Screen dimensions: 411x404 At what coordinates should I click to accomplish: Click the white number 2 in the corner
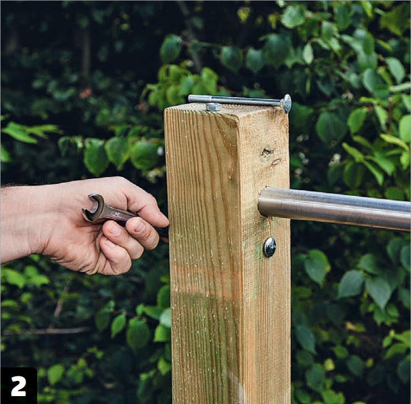[19, 386]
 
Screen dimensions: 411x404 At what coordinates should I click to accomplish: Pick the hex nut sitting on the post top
[213, 107]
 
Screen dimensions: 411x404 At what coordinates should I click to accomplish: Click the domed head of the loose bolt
[286, 104]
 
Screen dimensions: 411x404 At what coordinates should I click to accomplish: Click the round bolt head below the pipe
[269, 247]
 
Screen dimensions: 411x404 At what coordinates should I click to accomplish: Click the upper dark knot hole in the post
[267, 152]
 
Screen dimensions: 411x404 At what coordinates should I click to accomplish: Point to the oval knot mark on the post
[276, 162]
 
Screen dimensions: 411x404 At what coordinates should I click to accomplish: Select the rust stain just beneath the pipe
[270, 222]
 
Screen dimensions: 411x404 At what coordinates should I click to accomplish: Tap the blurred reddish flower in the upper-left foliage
[85, 93]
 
